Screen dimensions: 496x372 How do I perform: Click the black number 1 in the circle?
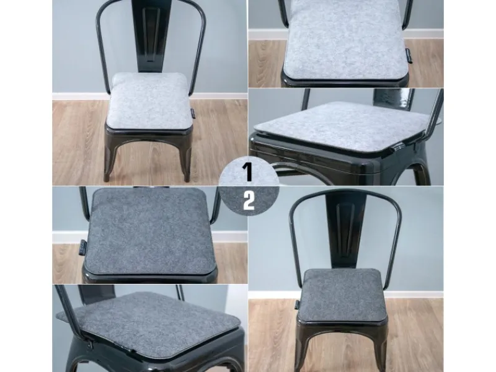(249, 172)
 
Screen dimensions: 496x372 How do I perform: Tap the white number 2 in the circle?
(249, 200)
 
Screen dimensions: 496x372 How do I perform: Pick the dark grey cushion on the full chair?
(342, 295)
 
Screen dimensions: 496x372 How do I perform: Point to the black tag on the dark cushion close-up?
(82, 246)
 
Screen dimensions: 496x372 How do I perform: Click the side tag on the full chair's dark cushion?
(297, 304)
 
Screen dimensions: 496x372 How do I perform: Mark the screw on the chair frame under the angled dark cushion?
(90, 345)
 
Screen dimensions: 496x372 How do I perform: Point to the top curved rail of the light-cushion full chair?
(151, 3)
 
